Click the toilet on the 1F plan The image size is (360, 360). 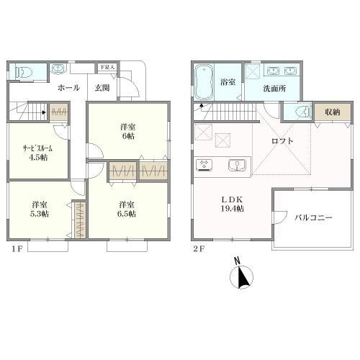click(x=24, y=72)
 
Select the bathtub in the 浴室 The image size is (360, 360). click(x=204, y=81)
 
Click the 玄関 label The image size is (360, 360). click(x=102, y=88)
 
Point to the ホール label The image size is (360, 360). click(x=68, y=88)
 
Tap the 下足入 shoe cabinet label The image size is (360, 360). click(x=107, y=67)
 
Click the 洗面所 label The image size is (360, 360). click(x=274, y=89)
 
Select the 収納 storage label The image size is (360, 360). click(x=333, y=112)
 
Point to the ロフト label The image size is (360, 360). click(x=282, y=141)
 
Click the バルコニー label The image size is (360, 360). click(x=313, y=217)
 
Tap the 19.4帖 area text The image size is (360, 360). click(x=233, y=209)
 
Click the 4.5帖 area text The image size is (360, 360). click(x=38, y=158)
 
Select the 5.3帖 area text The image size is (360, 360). click(x=40, y=214)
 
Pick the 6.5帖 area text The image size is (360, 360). click(x=127, y=214)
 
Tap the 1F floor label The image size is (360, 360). click(x=17, y=249)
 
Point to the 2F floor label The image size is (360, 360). click(x=199, y=249)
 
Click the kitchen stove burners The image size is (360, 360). click(x=204, y=166)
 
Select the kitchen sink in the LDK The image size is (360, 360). click(x=237, y=165)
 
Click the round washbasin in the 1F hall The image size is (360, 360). click(x=58, y=68)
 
